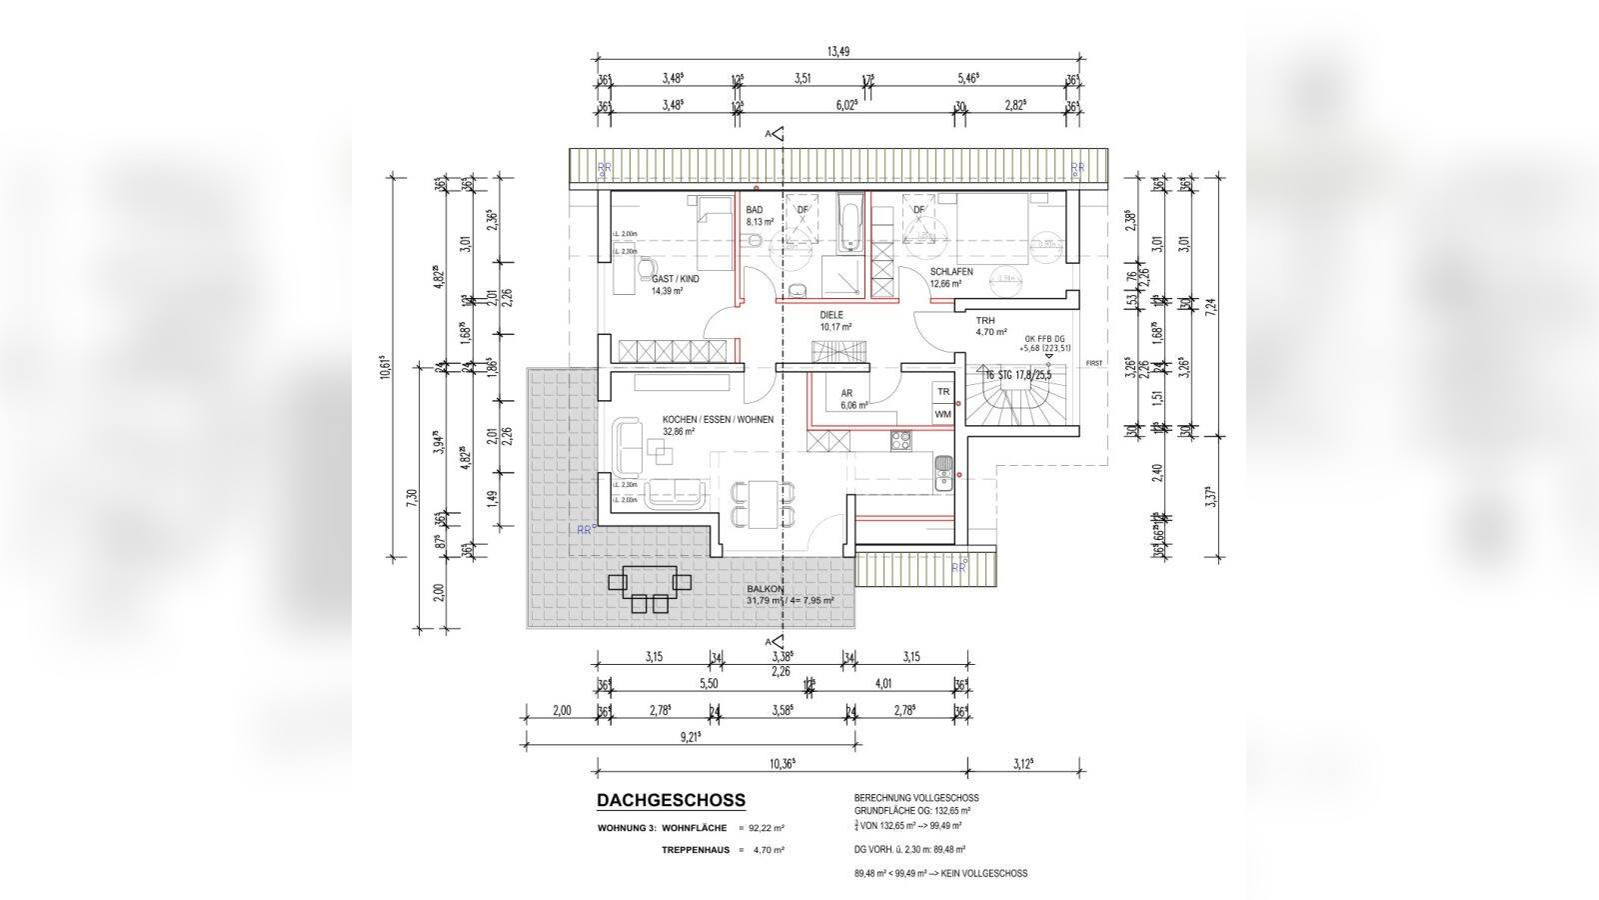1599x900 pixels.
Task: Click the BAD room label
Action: (755, 210)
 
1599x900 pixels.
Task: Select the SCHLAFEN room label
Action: (950, 272)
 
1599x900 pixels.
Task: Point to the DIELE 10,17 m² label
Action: (834, 320)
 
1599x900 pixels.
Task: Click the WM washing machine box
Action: (942, 413)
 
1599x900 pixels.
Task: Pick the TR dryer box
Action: (942, 392)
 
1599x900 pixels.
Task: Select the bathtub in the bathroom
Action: (849, 225)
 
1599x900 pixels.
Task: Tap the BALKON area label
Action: (765, 590)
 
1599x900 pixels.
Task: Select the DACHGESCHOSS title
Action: (671, 800)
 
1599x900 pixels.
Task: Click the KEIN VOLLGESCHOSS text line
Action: (939, 873)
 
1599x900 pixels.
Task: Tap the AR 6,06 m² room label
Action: (845, 394)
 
